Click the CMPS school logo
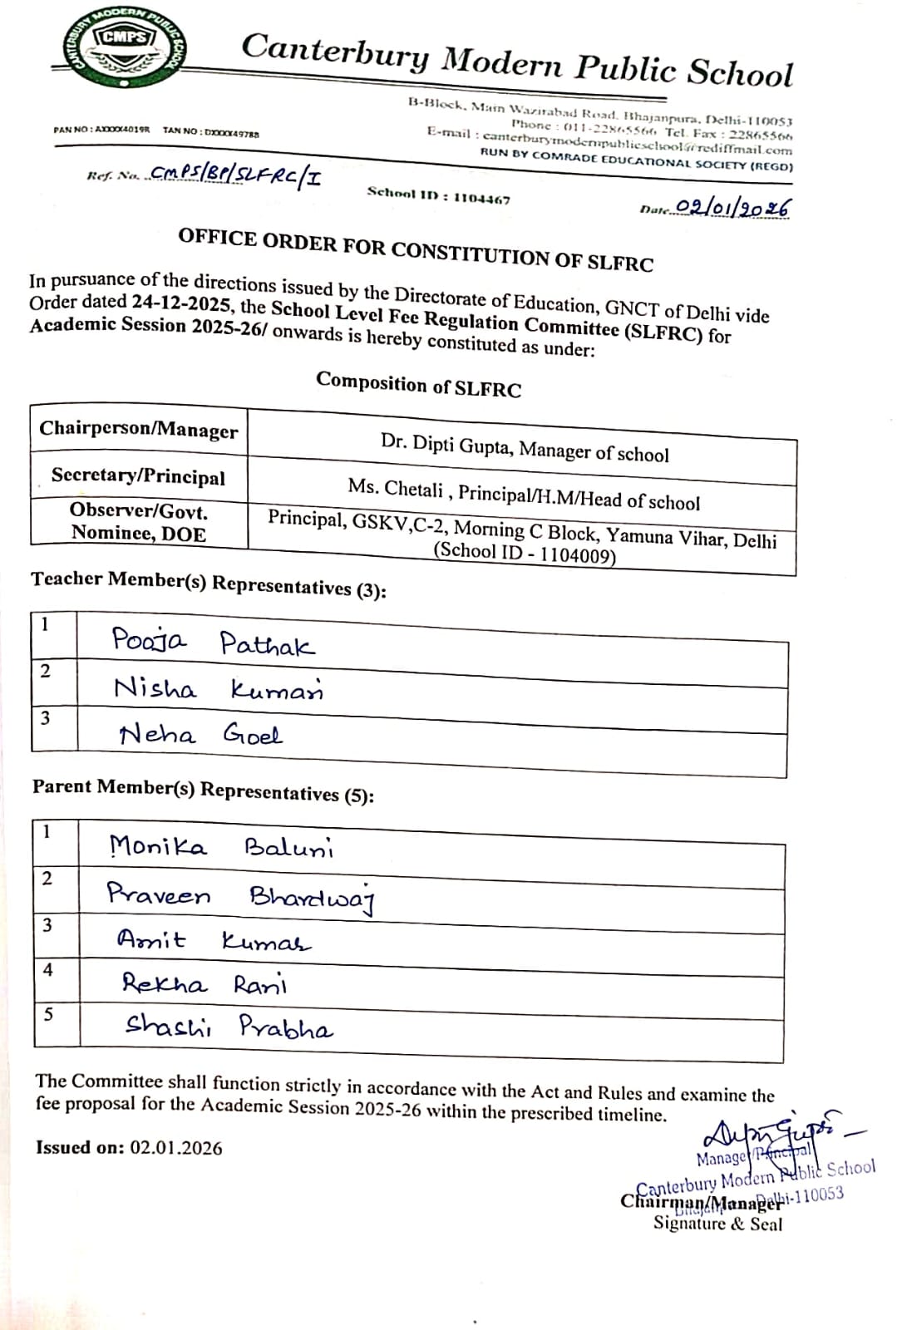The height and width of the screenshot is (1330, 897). coord(126,49)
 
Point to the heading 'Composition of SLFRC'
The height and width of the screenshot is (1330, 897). coord(418,384)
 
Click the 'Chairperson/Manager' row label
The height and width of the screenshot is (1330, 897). coord(138,430)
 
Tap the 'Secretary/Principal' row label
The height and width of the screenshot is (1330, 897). coord(138,476)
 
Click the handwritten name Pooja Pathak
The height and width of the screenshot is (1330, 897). coord(213,642)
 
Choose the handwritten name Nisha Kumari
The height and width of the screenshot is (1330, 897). coord(218,689)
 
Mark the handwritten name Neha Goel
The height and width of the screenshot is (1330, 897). coord(200,735)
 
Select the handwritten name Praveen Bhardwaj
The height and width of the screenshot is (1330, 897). coord(241,896)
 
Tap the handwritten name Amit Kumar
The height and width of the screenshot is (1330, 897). coord(214,941)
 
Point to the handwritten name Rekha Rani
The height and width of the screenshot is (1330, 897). coord(205,985)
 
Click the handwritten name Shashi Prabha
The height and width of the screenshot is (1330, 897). coord(229,1027)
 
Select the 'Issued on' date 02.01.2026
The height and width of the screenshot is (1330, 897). coord(176,1149)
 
